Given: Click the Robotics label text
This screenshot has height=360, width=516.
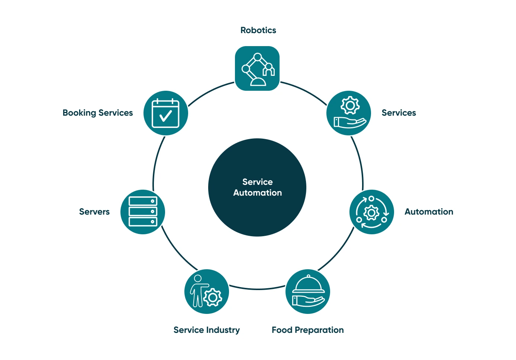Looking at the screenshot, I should [x=258, y=30].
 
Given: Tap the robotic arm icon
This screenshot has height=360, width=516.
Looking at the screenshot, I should [x=257, y=68].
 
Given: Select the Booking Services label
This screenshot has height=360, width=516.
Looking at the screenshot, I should [x=97, y=113].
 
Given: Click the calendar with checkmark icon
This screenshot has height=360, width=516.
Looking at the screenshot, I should [x=165, y=113].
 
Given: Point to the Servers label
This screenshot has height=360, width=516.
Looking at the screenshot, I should [x=94, y=212].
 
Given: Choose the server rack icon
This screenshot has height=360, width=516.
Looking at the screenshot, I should [x=143, y=212].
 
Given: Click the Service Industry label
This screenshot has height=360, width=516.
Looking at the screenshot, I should [x=206, y=330].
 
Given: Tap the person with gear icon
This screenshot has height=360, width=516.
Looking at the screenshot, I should [x=206, y=291].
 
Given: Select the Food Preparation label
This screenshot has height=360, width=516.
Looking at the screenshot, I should [x=307, y=330].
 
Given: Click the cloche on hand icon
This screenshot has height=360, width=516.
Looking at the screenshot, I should [x=308, y=292].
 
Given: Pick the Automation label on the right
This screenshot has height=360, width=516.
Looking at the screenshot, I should [x=429, y=212].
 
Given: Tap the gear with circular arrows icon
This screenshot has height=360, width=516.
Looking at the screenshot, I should [x=371, y=212].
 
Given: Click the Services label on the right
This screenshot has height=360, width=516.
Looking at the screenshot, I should [x=399, y=113].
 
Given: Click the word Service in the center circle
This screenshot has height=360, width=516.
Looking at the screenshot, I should [x=257, y=182].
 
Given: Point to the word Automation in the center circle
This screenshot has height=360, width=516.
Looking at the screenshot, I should [x=257, y=193].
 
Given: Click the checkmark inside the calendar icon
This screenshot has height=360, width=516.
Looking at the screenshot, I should [x=165, y=116].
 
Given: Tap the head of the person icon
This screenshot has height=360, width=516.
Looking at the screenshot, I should [x=198, y=279].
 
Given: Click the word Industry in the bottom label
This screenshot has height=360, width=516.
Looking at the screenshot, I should [x=223, y=330].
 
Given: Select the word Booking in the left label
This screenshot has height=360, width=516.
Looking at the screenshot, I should [x=79, y=113].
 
